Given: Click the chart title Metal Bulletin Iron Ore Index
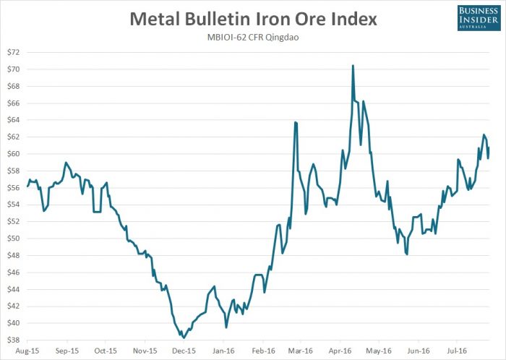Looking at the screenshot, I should coord(252,19).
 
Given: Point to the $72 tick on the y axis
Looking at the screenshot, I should coord(14,52).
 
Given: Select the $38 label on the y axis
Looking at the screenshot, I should coord(14,340).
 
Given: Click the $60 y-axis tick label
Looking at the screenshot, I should coord(14,154).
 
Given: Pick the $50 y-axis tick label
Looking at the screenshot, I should coord(14,239).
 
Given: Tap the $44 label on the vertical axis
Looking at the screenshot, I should coord(14,289).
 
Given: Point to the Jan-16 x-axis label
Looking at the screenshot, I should coord(223,351).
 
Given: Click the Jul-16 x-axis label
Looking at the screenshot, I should coord(457,351).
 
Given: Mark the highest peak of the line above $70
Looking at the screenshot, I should coord(352,65).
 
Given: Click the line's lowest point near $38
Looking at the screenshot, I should coord(184,338).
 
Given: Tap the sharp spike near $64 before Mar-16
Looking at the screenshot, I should coord(295,122).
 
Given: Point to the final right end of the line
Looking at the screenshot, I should coord(489,148).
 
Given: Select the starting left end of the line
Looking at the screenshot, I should coord(27,186).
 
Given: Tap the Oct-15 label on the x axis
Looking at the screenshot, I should coord(106,351).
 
